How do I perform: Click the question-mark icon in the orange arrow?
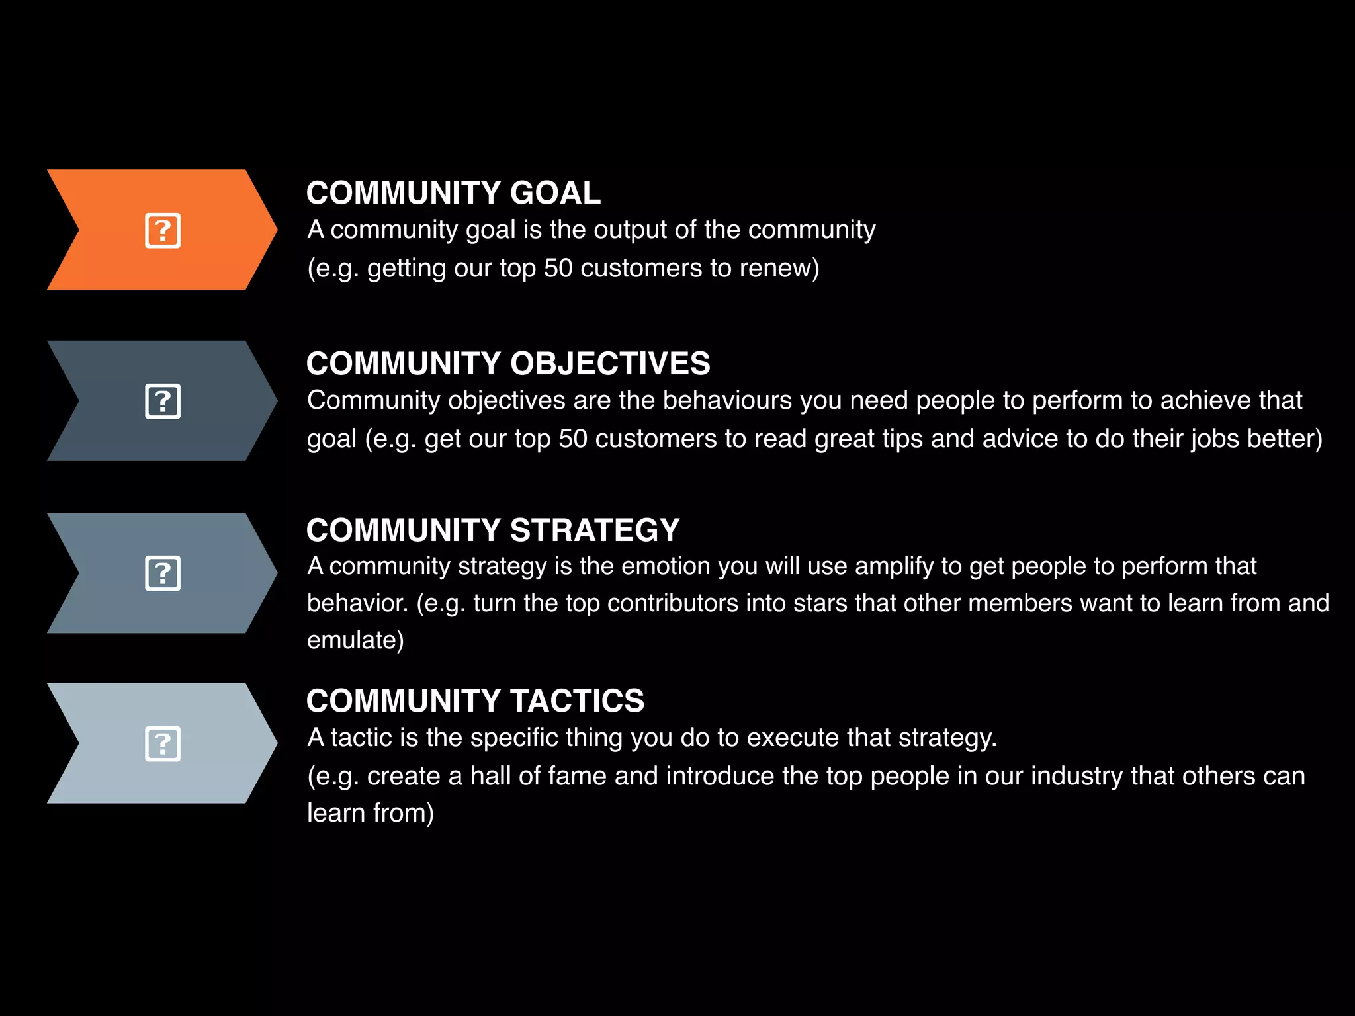pyautogui.click(x=163, y=231)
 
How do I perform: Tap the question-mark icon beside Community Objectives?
pyautogui.click(x=163, y=402)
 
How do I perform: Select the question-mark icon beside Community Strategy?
pyautogui.click(x=163, y=573)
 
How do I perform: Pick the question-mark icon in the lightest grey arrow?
pyautogui.click(x=163, y=744)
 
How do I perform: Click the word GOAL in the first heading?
pyautogui.click(x=555, y=193)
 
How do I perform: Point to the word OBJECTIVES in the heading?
pyautogui.click(x=610, y=364)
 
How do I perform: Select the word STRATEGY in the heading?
pyautogui.click(x=595, y=530)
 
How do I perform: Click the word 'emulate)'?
pyautogui.click(x=355, y=640)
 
